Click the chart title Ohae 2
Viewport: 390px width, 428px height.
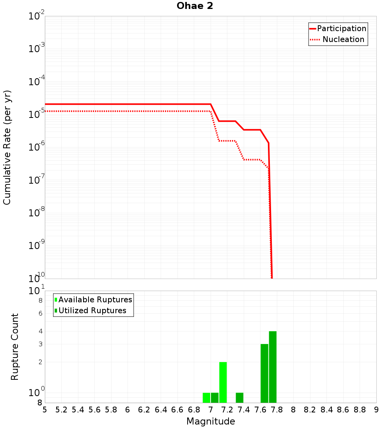pos(195,6)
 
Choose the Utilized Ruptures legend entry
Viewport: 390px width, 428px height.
pos(92,310)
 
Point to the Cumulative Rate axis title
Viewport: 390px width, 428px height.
pos(7,147)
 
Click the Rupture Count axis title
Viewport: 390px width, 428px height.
pos(15,347)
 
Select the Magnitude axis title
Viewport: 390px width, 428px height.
pos(211,421)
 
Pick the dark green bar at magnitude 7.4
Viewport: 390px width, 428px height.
pos(239,398)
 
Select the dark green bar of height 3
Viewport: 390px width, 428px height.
pos(264,373)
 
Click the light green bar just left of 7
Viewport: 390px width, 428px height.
pos(206,398)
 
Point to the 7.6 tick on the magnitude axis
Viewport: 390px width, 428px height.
pos(260,410)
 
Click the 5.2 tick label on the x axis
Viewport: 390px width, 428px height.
pos(61,410)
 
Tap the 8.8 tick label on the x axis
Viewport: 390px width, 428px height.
pos(360,410)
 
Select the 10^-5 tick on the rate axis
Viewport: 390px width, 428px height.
pos(37,115)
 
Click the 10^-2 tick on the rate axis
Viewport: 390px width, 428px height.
pos(37,16)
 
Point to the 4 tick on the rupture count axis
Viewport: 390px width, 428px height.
pos(40,331)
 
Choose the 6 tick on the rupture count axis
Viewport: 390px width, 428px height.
pos(40,313)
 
